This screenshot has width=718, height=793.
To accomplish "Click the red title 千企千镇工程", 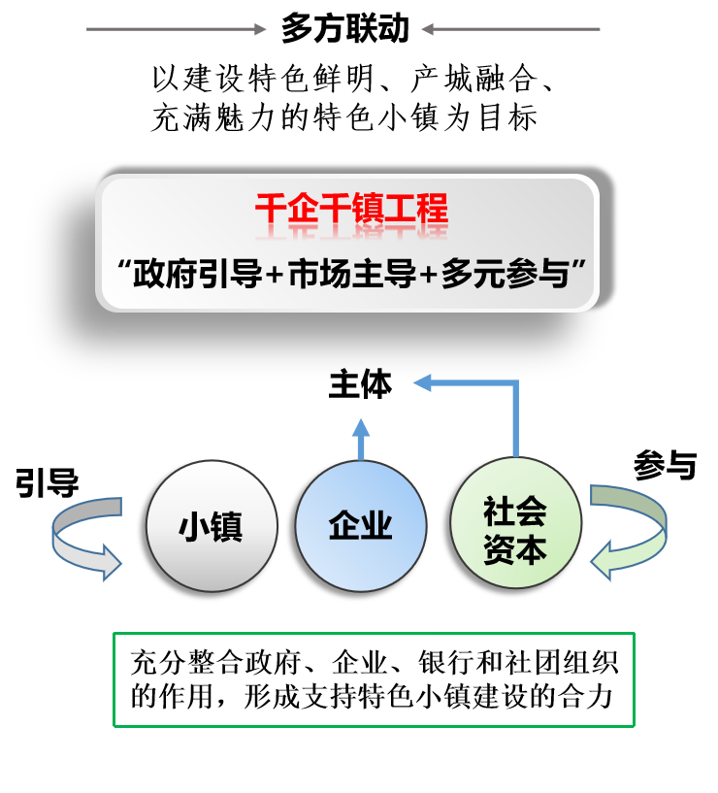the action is tap(351, 210).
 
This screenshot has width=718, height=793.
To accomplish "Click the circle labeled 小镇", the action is tap(212, 526).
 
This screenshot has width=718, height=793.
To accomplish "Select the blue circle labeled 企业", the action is tap(361, 526).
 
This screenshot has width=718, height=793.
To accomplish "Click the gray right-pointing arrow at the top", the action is tap(176, 29).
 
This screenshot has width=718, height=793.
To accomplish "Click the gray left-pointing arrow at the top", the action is tap(510, 29).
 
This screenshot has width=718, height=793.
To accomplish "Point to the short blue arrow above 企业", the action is tap(361, 438).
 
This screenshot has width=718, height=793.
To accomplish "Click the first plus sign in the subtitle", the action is tap(274, 276).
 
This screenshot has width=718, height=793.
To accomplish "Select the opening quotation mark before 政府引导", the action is tap(122, 266).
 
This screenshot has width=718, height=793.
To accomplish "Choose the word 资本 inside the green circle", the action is tap(515, 550).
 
